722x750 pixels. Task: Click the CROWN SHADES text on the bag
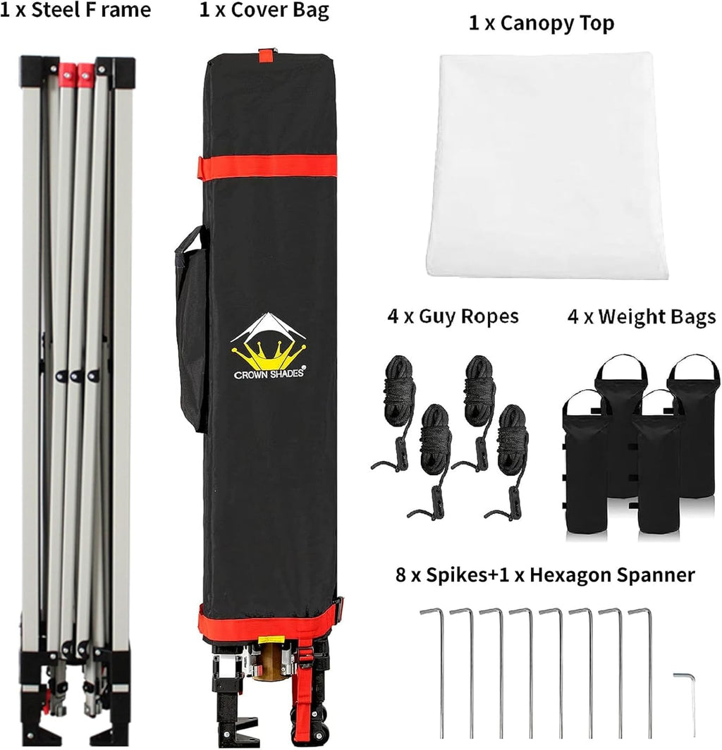269,374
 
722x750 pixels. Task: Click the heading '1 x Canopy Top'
541,23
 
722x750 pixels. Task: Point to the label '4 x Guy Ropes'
453,316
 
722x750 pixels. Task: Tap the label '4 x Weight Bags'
642,316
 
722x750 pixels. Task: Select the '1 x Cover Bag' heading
264,11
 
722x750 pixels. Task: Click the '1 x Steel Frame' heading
75,10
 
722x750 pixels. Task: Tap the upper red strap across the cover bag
267,167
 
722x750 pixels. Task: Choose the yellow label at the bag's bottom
271,639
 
